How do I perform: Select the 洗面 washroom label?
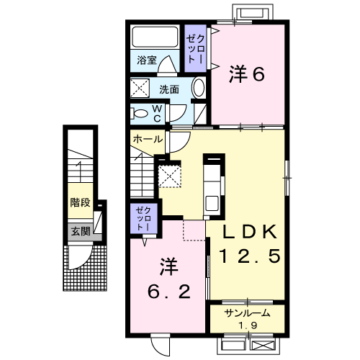tap(169, 90)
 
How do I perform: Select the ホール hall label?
tap(148, 137)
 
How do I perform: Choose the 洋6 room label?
tap(245, 73)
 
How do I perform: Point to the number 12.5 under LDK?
tap(248, 256)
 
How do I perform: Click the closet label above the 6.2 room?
tap(140, 216)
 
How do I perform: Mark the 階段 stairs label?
tap(80, 202)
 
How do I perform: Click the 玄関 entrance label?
tap(80, 232)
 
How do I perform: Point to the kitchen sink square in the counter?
tap(213, 202)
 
